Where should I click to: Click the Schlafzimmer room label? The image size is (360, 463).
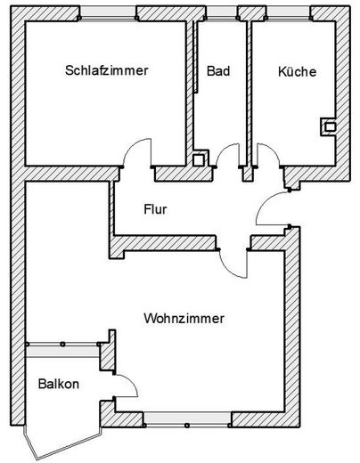point(107,70)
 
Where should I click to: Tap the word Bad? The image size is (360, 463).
point(218,71)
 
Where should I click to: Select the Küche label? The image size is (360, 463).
point(297,71)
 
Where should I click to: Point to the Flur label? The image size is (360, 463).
point(155,209)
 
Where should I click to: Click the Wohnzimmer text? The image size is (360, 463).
point(184,319)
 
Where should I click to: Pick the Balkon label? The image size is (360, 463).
point(59,384)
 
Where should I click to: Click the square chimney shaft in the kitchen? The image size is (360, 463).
point(329,127)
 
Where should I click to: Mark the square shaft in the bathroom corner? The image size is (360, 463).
point(200,158)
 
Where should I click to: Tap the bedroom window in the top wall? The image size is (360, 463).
point(108,13)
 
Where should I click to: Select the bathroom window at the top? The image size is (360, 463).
point(222,13)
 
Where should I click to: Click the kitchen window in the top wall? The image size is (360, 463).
point(289,13)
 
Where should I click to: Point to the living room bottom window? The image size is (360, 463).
point(187,419)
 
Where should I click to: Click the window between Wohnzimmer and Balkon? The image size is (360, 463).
point(62,350)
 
